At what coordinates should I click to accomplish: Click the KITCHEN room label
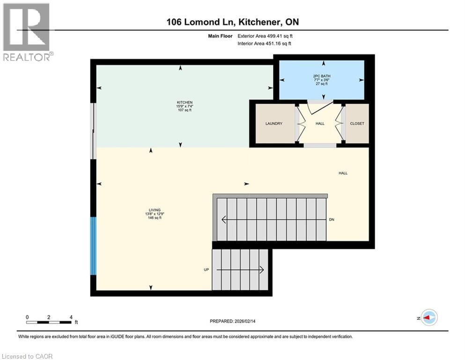[x=184, y=102]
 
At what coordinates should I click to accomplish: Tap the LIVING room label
[x=154, y=210]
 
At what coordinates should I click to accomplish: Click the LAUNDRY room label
[x=273, y=124]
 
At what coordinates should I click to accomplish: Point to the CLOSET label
[x=357, y=124]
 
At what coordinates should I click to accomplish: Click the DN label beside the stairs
[x=332, y=219]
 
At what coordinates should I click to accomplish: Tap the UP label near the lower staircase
[x=206, y=270]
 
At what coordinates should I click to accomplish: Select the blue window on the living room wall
[x=94, y=246]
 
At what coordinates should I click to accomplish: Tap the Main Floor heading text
[x=220, y=36]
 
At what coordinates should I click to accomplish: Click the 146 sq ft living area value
[x=154, y=218]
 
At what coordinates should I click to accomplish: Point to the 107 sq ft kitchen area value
[x=184, y=110]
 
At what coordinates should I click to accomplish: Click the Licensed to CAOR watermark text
[x=27, y=356]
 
